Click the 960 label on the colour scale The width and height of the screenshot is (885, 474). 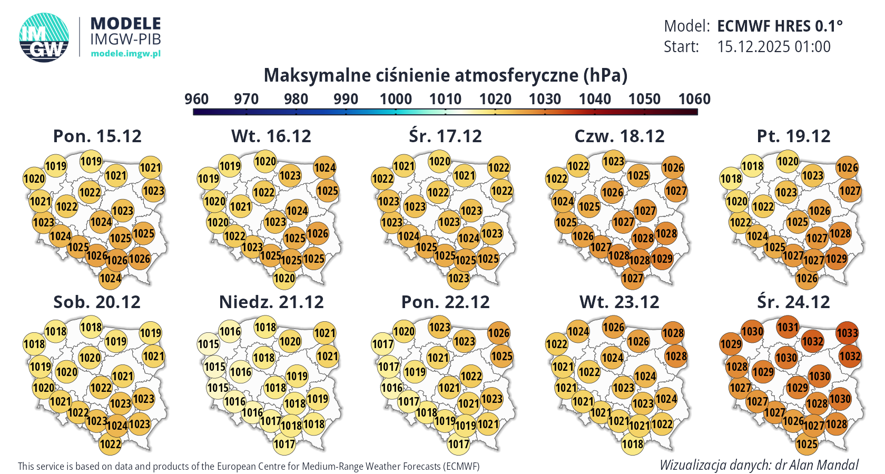point(196,99)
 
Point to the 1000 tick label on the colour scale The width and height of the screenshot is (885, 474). point(396,99)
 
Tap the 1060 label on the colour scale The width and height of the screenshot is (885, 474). point(694,99)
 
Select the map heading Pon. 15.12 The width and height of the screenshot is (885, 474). point(97,136)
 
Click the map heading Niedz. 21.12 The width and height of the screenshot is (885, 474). point(271,302)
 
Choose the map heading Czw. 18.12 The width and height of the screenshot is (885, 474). point(619,136)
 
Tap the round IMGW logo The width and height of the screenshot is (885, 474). point(44,37)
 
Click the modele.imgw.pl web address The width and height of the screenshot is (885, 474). point(125,54)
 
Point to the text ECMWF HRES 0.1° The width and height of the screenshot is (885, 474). point(780,26)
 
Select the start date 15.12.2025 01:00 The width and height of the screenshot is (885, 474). point(774,47)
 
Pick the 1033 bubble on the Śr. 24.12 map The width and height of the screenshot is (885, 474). point(847,333)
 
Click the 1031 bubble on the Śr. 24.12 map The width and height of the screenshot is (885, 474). point(788,327)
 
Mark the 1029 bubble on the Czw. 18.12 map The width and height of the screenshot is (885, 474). point(662,259)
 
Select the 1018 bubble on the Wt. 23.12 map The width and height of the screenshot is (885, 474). point(633,444)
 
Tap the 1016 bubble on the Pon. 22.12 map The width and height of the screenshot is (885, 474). point(392,388)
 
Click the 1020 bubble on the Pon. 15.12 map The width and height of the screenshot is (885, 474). point(34,179)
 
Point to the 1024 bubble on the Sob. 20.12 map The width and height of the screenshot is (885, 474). point(117,425)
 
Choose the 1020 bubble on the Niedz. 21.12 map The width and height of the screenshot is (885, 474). point(290,341)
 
